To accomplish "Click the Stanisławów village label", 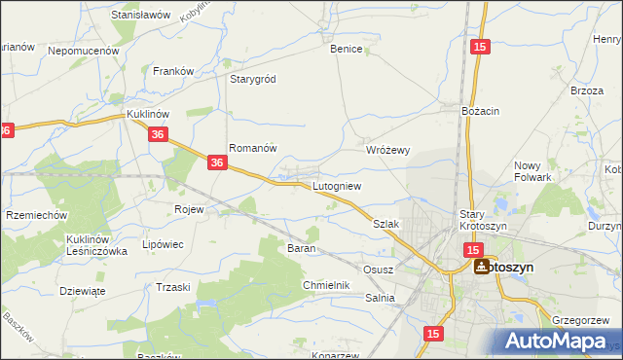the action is pyautogui.click(x=141, y=16).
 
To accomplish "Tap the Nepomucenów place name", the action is pyautogui.click(x=83, y=50).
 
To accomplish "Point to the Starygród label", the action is pyautogui.click(x=254, y=79).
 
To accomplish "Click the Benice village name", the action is pyautogui.click(x=347, y=49).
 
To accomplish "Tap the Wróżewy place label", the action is pyautogui.click(x=388, y=151).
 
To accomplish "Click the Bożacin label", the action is pyautogui.click(x=480, y=111).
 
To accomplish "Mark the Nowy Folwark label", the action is pyautogui.click(x=532, y=171).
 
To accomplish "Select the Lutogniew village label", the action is pyautogui.click(x=337, y=185).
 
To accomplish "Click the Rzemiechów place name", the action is pyautogui.click(x=35, y=215).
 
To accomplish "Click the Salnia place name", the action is pyautogui.click(x=381, y=299).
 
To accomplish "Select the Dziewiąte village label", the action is pyautogui.click(x=82, y=290).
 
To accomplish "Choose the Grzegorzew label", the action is pyautogui.click(x=580, y=319).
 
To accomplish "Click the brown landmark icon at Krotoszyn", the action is pyautogui.click(x=481, y=267).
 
